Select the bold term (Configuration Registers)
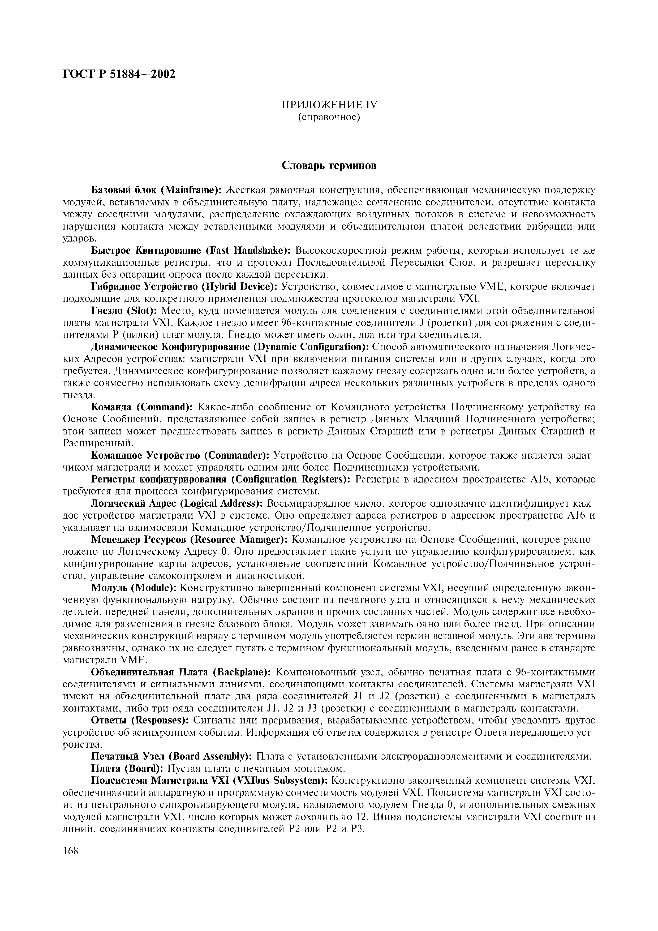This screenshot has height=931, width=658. pos(291,479)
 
